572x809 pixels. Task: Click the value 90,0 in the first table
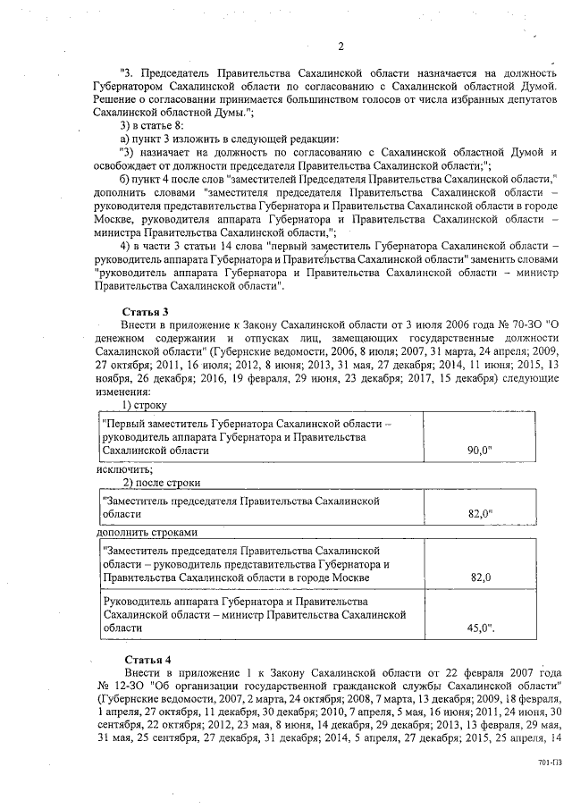(x=480, y=451)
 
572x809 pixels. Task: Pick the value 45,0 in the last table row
(x=481, y=628)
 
